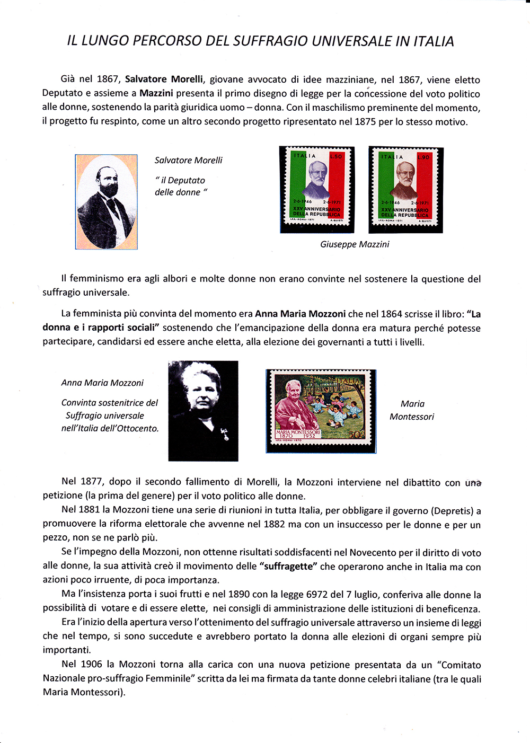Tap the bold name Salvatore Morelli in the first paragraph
(x=164, y=79)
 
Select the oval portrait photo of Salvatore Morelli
(x=107, y=202)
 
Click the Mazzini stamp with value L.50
(x=317, y=190)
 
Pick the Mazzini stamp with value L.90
(x=405, y=190)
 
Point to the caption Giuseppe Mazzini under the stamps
(x=355, y=244)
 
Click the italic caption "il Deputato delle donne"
(x=181, y=187)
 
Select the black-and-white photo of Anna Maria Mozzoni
(x=203, y=411)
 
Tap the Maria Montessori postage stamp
(x=321, y=411)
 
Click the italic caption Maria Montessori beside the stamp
(x=412, y=410)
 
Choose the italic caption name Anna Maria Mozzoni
(x=102, y=383)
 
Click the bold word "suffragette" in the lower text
(x=288, y=566)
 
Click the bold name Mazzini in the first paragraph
(x=156, y=93)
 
